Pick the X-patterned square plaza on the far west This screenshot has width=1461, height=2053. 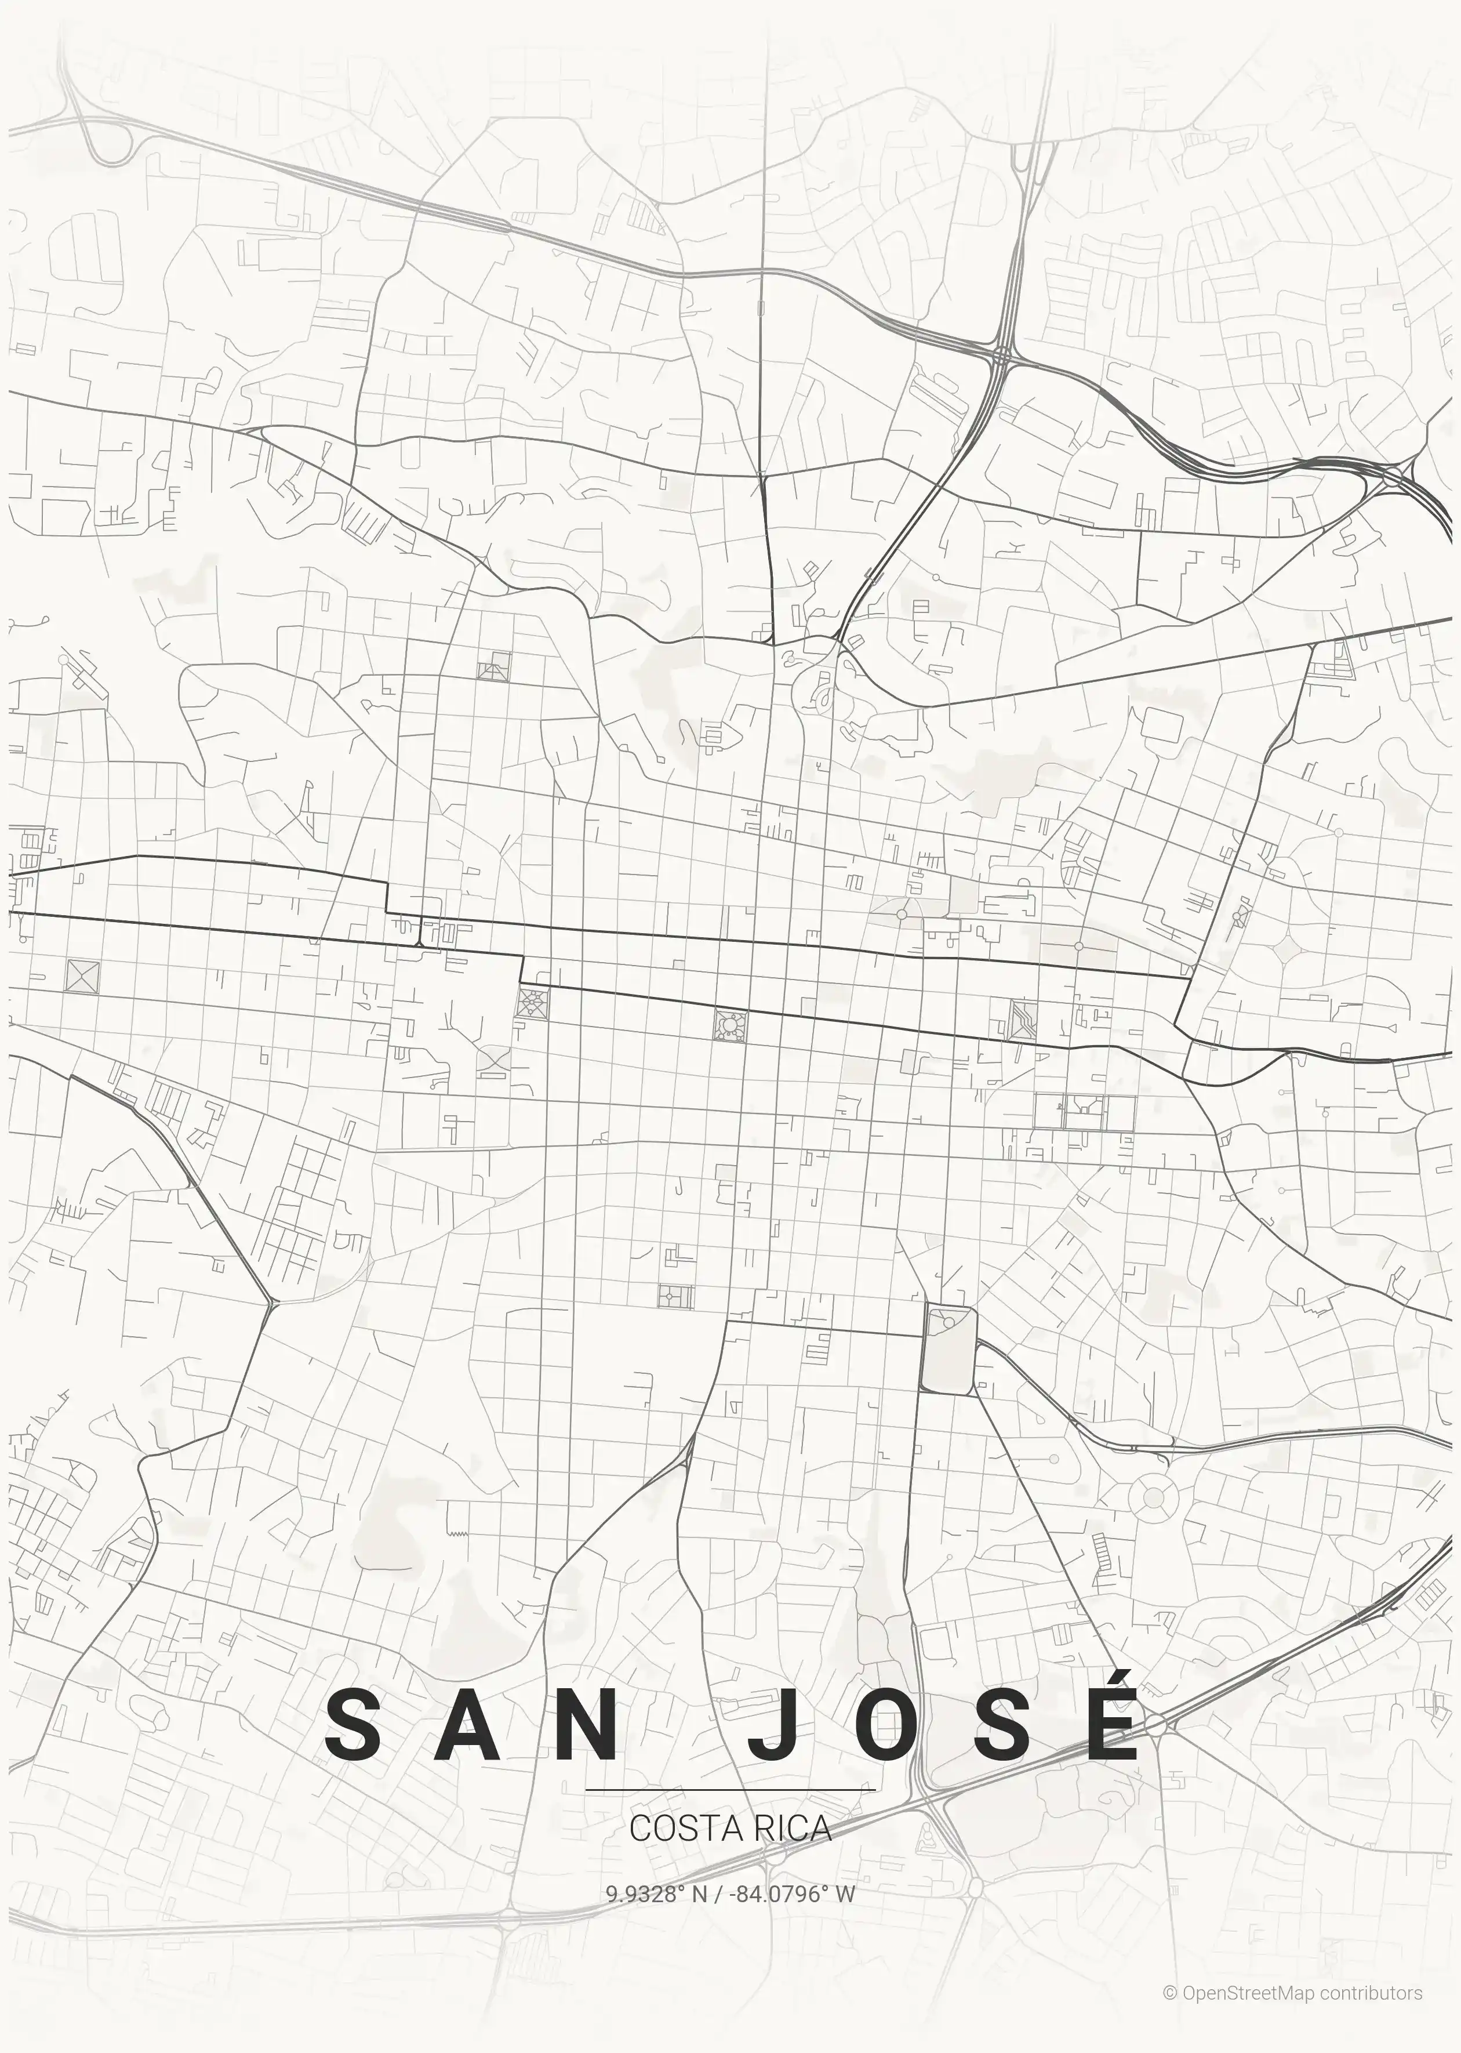pyautogui.click(x=83, y=976)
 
